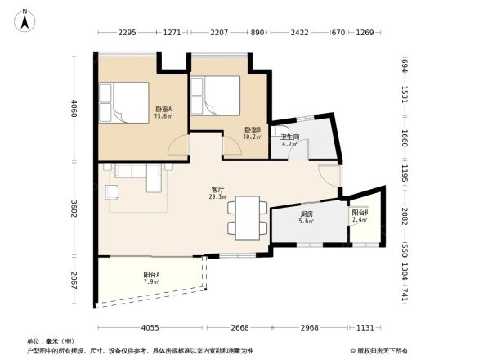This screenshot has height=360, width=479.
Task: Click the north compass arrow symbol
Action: point(26,20)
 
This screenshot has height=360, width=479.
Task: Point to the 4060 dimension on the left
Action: point(74,108)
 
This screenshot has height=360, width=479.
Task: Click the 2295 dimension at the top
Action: point(126,33)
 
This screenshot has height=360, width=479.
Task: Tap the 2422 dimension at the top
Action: point(298,33)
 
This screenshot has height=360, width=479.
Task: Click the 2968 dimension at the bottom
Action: point(309,327)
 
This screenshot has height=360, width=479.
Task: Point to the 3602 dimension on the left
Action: point(74,209)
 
